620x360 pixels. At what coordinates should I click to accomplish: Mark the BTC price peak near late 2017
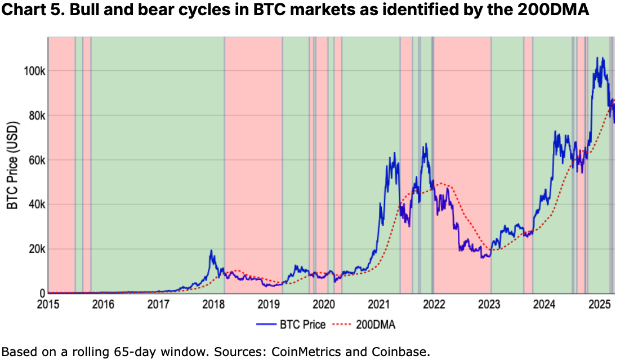click(x=211, y=250)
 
